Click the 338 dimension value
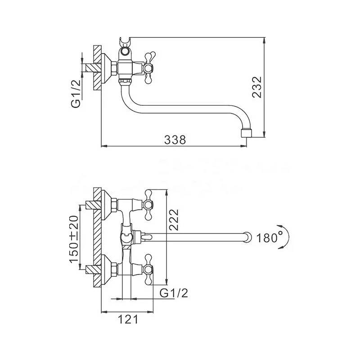click(175, 139)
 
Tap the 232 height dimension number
click(257, 87)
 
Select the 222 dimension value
click(174, 220)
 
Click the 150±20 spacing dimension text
click(74, 239)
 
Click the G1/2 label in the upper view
click(76, 94)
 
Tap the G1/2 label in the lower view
click(174, 293)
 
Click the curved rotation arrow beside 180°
click(285, 237)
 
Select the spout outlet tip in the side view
click(246, 133)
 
